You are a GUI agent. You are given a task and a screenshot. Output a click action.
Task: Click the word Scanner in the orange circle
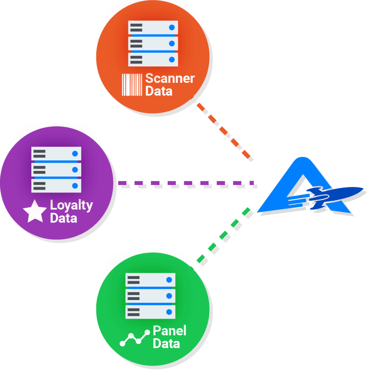[x=170, y=78]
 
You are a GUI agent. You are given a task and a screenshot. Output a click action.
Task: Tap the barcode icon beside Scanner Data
[x=132, y=85]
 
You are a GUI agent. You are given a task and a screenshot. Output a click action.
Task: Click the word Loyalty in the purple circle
[x=72, y=206]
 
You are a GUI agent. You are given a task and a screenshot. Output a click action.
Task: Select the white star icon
[x=35, y=211]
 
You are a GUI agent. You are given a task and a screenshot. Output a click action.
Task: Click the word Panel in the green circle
[x=170, y=331]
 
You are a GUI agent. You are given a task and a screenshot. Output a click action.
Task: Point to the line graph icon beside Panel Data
[x=135, y=338]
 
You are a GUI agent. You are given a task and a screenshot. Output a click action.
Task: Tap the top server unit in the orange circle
[x=153, y=27]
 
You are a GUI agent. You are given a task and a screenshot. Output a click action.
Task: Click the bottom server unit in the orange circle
[x=153, y=60]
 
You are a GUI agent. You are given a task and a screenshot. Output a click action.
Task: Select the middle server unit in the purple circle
[x=56, y=170]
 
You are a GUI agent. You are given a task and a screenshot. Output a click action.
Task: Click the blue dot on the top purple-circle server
[x=75, y=154]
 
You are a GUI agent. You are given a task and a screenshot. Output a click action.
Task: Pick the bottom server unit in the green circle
[x=150, y=312]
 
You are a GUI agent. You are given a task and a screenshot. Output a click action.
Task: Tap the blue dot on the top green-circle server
[x=169, y=280]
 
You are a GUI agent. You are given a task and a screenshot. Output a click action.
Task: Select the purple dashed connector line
[x=186, y=183]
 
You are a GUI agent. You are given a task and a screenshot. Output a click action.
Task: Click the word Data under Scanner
[x=159, y=91]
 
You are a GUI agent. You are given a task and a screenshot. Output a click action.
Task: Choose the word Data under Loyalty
[x=64, y=218]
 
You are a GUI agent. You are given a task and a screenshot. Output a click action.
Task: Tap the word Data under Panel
[x=166, y=343]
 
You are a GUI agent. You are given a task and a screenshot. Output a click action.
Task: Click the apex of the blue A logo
[x=302, y=158]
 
